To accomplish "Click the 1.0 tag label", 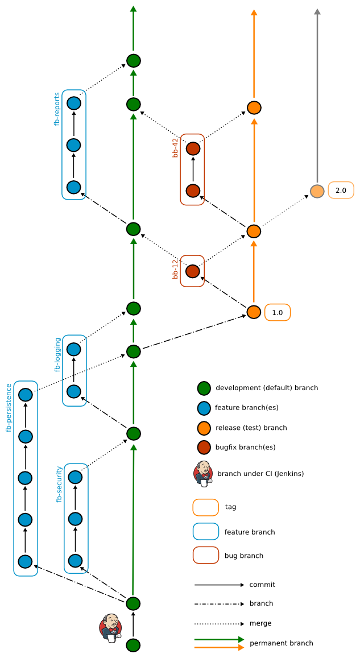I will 278,312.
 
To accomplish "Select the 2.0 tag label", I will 341,190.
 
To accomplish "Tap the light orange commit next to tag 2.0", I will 317,191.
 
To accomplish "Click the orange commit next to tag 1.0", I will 254,312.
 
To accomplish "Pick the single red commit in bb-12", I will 193,271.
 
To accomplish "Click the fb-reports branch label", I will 57,109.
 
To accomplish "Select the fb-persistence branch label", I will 9,408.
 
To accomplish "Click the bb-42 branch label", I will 176,147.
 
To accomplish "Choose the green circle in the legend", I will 204,388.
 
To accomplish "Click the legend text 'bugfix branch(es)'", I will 245,447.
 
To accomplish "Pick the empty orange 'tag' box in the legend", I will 206,507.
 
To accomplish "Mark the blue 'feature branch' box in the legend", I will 206,532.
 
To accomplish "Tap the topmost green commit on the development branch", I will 133,60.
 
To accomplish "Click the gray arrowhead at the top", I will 317,11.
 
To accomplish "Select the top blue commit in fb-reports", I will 74,104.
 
